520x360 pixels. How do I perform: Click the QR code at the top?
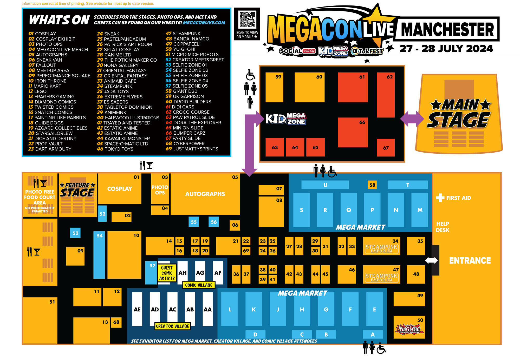(x=247, y=19)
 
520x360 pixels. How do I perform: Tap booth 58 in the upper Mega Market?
(x=372, y=185)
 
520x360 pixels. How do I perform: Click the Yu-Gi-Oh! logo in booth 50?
(x=409, y=329)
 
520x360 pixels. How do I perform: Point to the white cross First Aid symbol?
(x=440, y=198)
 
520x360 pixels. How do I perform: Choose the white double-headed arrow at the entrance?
(x=431, y=260)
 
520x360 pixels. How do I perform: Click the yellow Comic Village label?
(x=199, y=285)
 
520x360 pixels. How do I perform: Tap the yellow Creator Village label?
(x=172, y=326)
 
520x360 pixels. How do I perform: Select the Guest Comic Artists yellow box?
(x=167, y=273)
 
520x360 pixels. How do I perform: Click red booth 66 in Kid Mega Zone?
(x=353, y=132)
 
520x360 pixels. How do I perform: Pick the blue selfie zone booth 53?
(x=75, y=233)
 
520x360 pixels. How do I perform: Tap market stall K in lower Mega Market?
(x=253, y=309)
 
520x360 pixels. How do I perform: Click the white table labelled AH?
(x=182, y=273)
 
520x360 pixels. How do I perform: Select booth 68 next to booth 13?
(x=116, y=322)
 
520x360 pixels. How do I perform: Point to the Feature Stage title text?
(x=77, y=190)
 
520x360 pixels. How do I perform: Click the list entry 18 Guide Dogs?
(x=46, y=123)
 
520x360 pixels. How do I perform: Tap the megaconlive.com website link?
(x=204, y=23)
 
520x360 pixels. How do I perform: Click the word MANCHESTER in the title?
(x=447, y=30)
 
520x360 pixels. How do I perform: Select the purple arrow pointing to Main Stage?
(x=412, y=119)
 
